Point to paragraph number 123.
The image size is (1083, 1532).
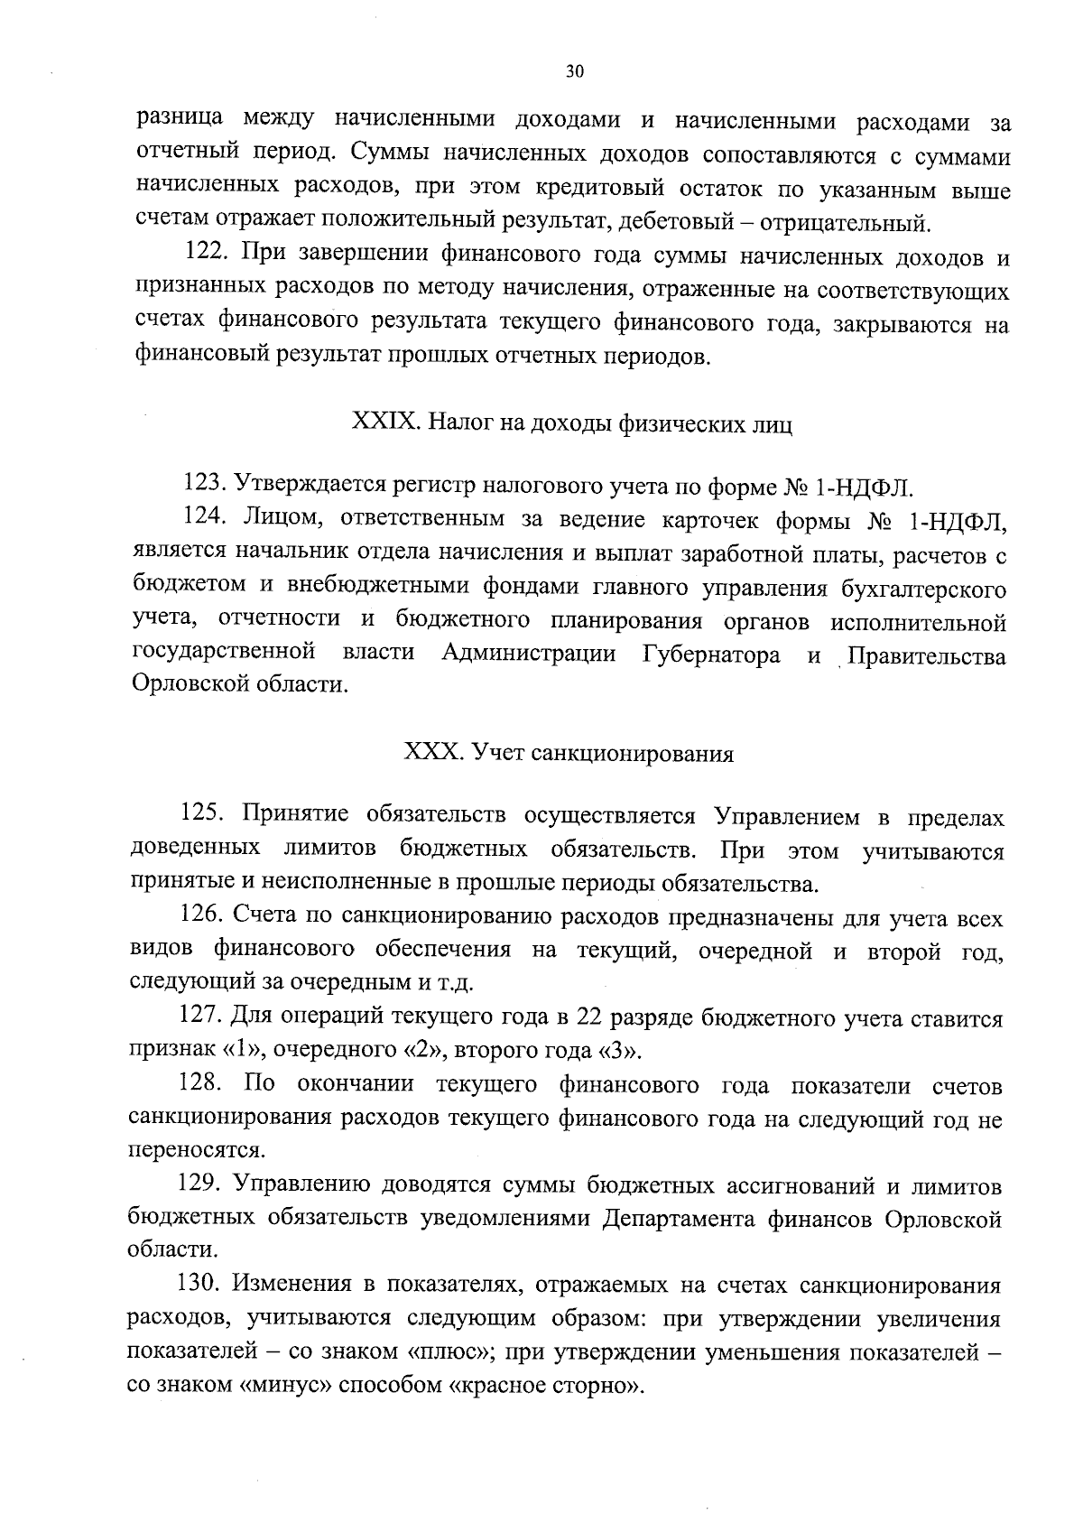206,488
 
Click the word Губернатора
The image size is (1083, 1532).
711,655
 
